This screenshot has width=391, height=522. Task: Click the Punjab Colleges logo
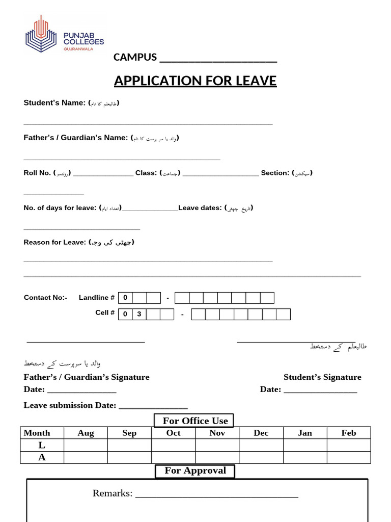tap(64, 34)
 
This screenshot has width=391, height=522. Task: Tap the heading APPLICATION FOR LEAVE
tap(195, 81)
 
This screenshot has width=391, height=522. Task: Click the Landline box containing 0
tap(125, 298)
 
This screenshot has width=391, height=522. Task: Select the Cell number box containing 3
tap(139, 314)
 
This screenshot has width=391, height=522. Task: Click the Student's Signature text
tap(322, 377)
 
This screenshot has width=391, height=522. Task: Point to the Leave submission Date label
tap(70, 405)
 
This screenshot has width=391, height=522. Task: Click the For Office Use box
tap(194, 421)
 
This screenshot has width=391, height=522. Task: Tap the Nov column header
tap(217, 433)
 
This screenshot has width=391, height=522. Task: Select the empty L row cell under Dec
tap(261, 445)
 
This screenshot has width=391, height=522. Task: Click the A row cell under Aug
tap(86, 457)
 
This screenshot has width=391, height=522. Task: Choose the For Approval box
tap(195, 471)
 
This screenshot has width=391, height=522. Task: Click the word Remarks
tap(113, 493)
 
